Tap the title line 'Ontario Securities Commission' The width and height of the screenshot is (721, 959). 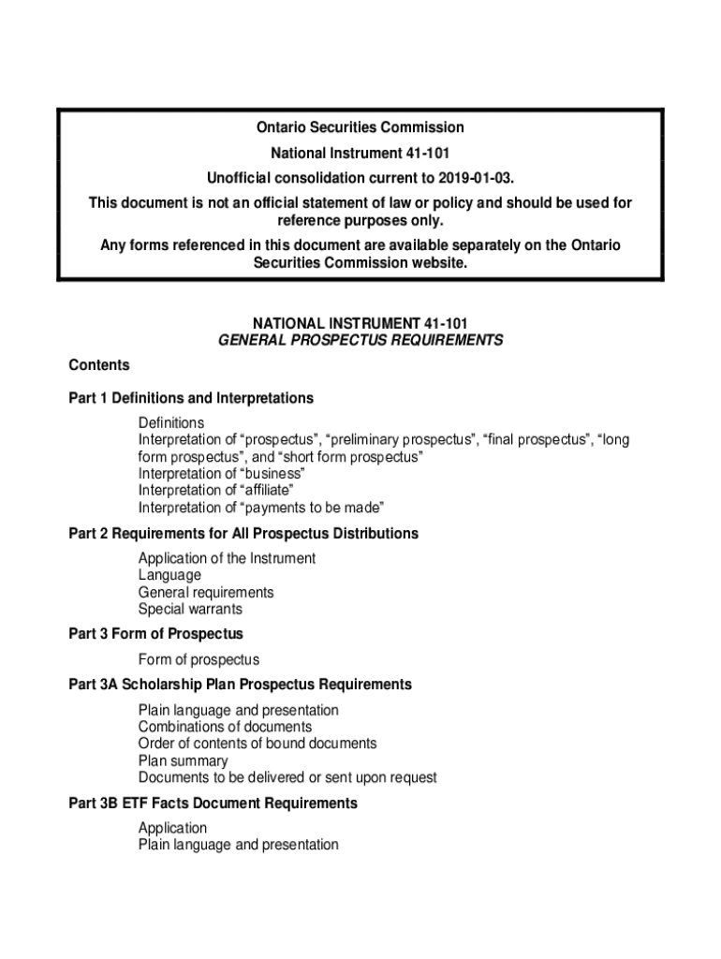click(360, 127)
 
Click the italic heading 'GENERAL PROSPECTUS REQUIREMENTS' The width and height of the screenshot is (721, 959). click(360, 341)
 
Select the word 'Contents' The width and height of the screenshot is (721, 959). click(99, 364)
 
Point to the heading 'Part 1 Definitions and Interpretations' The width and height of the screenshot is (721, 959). click(191, 398)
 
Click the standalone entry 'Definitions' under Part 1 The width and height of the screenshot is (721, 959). click(171, 423)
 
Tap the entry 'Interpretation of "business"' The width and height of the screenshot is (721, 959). click(222, 474)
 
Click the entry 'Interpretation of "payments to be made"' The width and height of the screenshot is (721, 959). click(261, 508)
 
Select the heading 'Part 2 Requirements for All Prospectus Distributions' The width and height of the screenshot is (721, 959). click(243, 534)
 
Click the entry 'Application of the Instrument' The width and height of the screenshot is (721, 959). click(228, 558)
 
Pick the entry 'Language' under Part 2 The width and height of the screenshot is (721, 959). click(169, 575)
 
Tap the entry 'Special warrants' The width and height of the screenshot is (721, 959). click(190, 609)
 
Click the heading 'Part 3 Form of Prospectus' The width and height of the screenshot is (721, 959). click(155, 634)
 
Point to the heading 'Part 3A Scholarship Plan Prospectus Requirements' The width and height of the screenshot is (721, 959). click(240, 685)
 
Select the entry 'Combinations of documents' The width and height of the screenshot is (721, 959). click(225, 727)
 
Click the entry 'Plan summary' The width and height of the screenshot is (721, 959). click(183, 760)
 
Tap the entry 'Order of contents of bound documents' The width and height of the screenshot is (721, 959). click(257, 744)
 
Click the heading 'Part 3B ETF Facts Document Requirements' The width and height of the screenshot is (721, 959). click(213, 804)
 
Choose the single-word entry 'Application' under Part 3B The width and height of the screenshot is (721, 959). click(173, 828)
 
